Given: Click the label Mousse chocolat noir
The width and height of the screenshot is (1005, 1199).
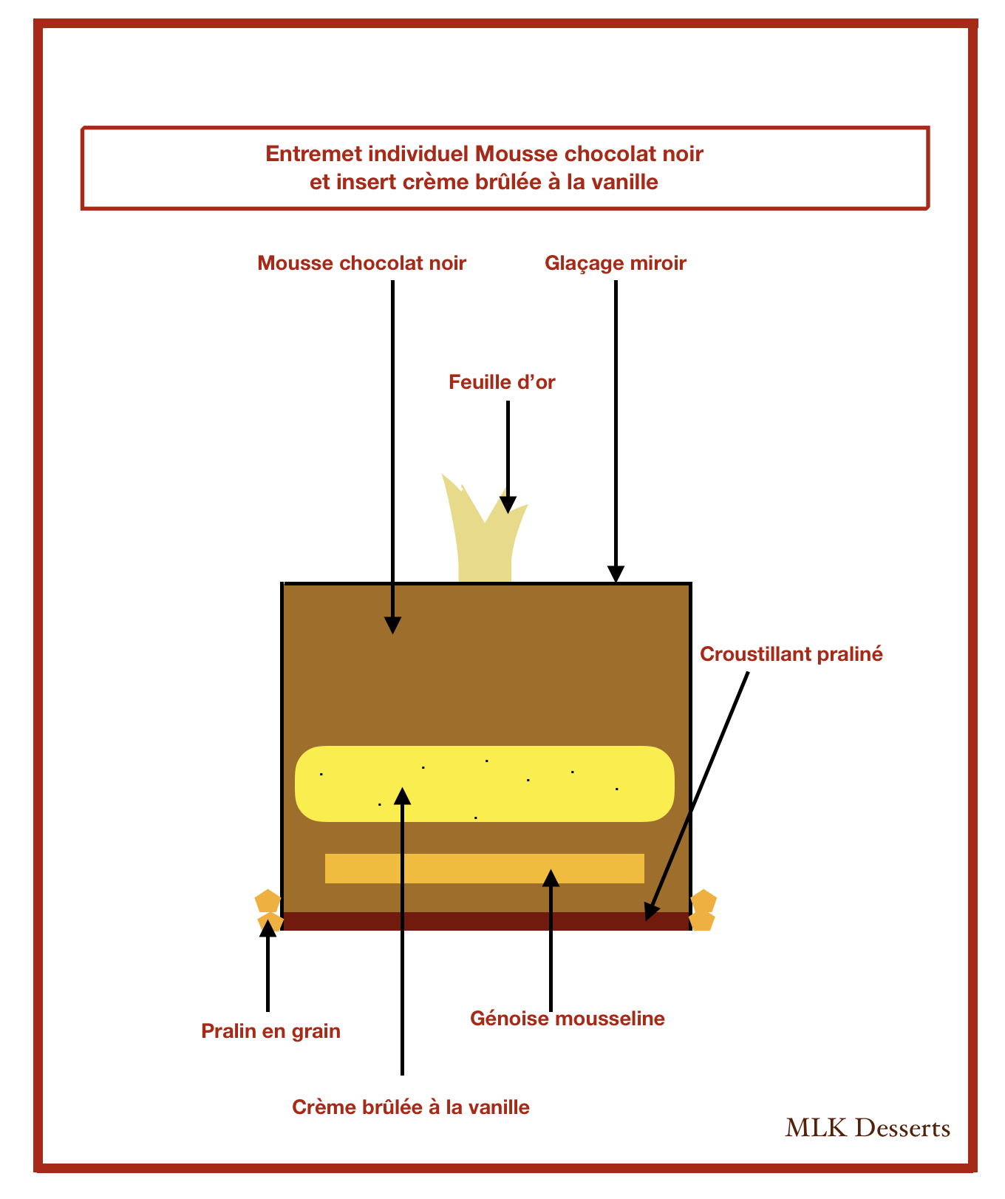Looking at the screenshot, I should tap(361, 263).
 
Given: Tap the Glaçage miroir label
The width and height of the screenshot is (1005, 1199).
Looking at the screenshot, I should tap(616, 263).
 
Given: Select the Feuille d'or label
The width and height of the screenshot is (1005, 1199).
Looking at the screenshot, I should tap(502, 382).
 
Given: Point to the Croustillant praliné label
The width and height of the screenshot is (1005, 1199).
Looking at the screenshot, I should tap(791, 654).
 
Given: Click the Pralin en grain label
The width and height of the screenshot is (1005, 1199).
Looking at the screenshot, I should tap(270, 1030).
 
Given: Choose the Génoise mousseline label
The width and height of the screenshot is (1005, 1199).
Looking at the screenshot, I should tap(568, 1019).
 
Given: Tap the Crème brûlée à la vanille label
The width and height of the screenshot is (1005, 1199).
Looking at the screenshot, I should tap(411, 1107).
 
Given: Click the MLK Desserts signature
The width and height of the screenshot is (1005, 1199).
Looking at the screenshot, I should tap(868, 1128).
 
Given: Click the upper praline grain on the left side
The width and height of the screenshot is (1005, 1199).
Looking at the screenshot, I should tap(268, 901).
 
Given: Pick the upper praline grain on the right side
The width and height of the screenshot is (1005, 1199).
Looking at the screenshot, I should tap(703, 901).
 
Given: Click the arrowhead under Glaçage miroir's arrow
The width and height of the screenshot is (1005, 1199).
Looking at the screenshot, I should tap(616, 574).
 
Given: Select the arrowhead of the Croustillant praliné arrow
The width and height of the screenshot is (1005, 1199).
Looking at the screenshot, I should tap(650, 911).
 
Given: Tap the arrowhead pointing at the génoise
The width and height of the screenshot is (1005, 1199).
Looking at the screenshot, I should tap(551, 877).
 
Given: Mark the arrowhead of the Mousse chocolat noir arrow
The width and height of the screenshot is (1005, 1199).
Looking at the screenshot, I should tap(392, 625).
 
